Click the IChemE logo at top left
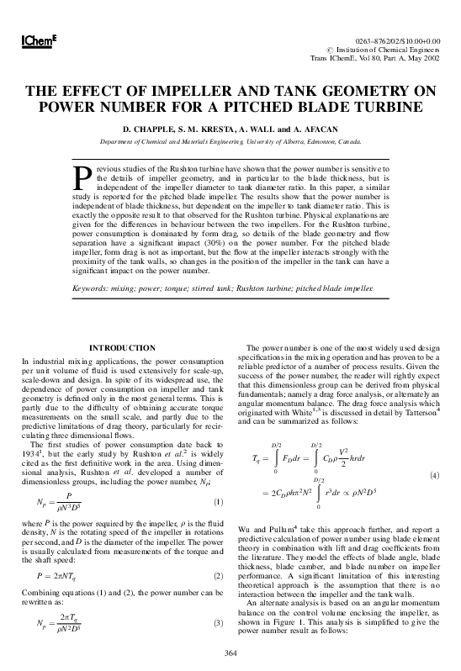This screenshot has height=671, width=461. click(x=32, y=41)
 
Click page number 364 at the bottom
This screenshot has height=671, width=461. click(x=231, y=653)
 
